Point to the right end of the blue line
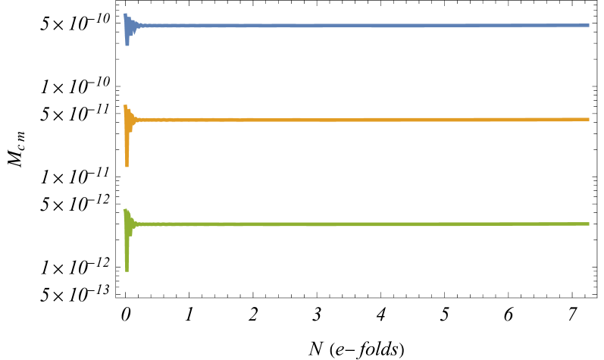tap(588, 26)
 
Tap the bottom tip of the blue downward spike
tap(127, 45)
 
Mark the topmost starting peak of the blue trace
tap(125, 14)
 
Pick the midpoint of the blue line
tap(357, 26)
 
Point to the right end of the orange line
tap(588, 119)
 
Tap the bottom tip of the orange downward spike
tap(127, 166)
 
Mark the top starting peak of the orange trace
tap(125, 105)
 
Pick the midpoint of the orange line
tap(357, 119)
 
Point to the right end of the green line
tap(588, 224)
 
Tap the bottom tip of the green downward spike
tap(127, 271)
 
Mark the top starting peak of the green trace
tap(126, 210)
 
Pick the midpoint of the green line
tap(357, 224)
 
